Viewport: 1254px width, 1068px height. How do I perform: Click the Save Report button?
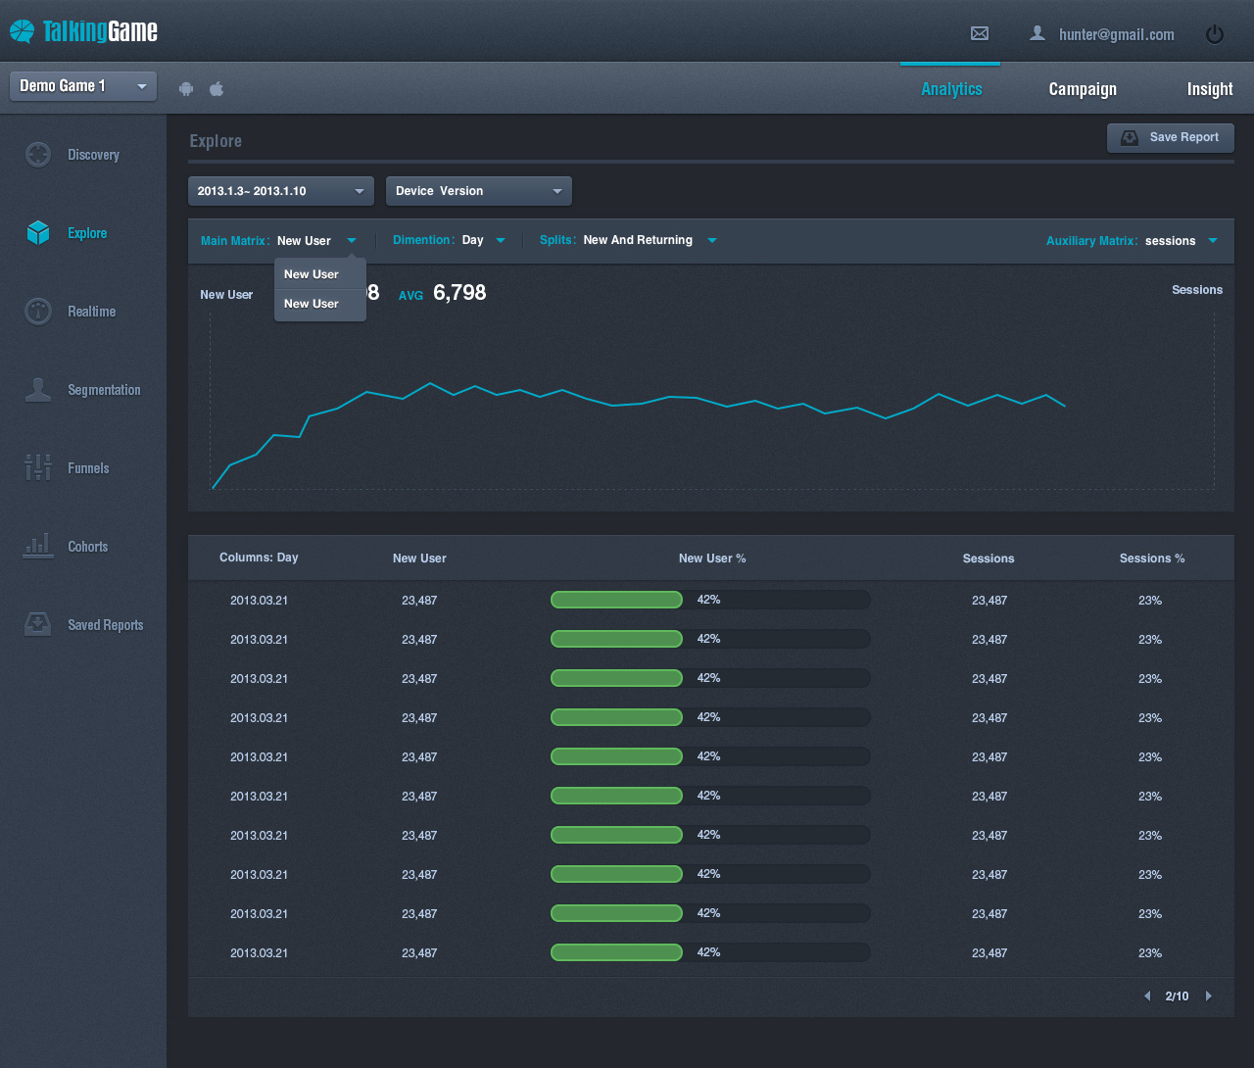tap(1171, 138)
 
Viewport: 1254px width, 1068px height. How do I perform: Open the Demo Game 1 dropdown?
tap(83, 86)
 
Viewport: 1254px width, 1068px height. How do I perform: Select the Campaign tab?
tap(1083, 89)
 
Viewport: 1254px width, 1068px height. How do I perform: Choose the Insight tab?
tap(1210, 89)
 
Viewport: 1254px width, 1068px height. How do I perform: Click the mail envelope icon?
tap(979, 33)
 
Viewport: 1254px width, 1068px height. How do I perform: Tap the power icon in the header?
tap(1215, 34)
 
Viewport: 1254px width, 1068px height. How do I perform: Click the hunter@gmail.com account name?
tap(1116, 34)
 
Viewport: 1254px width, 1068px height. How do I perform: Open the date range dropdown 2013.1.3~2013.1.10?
tap(281, 191)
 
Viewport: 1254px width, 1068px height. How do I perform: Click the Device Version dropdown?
tap(479, 191)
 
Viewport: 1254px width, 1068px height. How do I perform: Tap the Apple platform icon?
tap(216, 89)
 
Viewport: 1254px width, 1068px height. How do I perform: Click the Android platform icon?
tap(186, 89)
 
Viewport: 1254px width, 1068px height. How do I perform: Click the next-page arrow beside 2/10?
tap(1209, 995)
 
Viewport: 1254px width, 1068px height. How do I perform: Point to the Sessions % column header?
tap(1151, 558)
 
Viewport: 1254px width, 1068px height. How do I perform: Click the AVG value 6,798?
tap(459, 293)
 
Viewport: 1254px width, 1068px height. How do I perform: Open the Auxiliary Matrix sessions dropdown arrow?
tap(1213, 240)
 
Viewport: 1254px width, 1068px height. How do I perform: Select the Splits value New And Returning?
tap(638, 240)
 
